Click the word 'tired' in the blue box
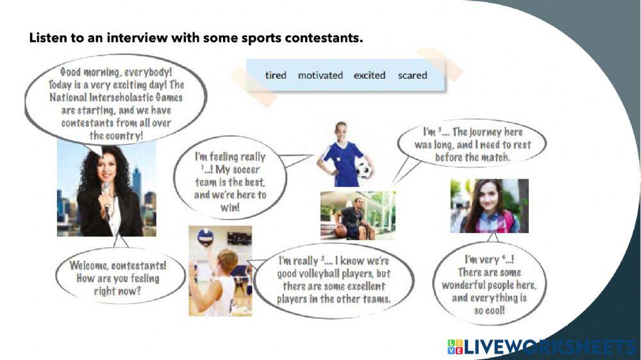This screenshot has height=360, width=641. click(x=276, y=75)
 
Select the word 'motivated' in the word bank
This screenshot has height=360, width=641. click(x=320, y=75)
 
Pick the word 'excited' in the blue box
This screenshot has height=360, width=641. click(x=370, y=75)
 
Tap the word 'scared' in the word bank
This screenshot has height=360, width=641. click(x=412, y=75)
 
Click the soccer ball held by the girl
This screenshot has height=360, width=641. click(x=364, y=170)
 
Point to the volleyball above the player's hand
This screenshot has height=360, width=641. click(x=205, y=237)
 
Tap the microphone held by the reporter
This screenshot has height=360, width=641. click(x=106, y=196)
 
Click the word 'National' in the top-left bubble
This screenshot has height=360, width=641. click(x=68, y=97)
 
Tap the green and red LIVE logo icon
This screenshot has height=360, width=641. click(x=455, y=347)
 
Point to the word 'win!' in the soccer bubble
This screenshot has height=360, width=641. click(x=230, y=208)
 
